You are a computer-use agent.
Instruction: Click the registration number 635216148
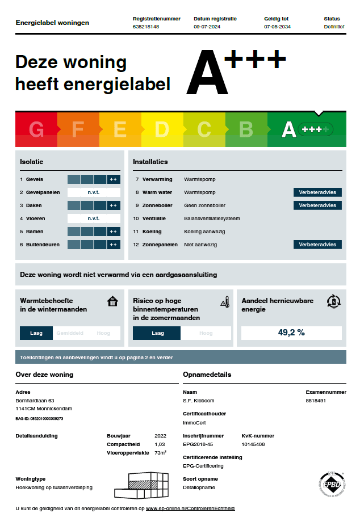pyautogui.click(x=146, y=27)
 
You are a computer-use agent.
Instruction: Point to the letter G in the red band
pyautogui.click(x=36, y=130)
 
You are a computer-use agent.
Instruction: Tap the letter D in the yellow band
pyautogui.click(x=162, y=130)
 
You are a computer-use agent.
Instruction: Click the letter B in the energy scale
pyautogui.click(x=246, y=130)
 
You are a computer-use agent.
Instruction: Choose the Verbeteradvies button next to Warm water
pyautogui.click(x=317, y=192)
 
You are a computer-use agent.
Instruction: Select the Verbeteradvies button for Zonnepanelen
pyautogui.click(x=317, y=245)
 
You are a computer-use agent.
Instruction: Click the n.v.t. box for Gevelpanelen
pyautogui.click(x=94, y=192)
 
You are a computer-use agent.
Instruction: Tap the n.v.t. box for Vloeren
pyautogui.click(x=94, y=218)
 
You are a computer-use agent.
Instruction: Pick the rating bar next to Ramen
pyautogui.click(x=94, y=232)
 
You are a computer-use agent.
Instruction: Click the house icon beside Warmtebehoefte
pyautogui.click(x=112, y=301)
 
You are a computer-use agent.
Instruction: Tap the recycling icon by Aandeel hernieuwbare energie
pyautogui.click(x=333, y=301)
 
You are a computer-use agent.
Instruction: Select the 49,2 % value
pyautogui.click(x=291, y=333)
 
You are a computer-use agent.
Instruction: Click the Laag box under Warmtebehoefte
pyautogui.click(x=36, y=333)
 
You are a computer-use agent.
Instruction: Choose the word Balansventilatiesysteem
pyautogui.click(x=212, y=218)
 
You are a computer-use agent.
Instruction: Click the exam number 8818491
pyautogui.click(x=316, y=401)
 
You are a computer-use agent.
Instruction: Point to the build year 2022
pyautogui.click(x=161, y=436)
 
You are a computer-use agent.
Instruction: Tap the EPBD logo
pyautogui.click(x=331, y=485)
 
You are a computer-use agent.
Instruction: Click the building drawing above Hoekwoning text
pyautogui.click(x=142, y=486)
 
